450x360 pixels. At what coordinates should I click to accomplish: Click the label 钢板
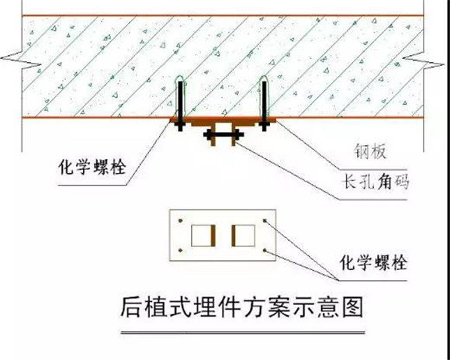click(x=371, y=151)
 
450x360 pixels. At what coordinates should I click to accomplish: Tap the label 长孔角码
click(x=376, y=182)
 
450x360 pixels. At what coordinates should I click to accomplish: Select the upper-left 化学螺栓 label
click(x=92, y=167)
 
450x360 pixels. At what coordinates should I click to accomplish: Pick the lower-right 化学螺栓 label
click(x=373, y=262)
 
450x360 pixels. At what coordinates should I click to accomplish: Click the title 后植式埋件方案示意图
click(x=242, y=307)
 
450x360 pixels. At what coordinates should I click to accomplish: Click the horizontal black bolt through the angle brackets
click(x=223, y=134)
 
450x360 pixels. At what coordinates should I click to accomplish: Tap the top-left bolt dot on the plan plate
click(x=181, y=220)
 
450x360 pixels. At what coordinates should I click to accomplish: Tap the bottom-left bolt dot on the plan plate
click(x=181, y=251)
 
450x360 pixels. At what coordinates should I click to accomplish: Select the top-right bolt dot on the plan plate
click(x=265, y=220)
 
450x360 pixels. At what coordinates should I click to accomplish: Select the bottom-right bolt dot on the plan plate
click(x=265, y=251)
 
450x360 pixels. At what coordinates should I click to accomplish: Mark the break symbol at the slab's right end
click(x=424, y=61)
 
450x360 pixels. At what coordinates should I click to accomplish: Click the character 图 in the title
click(x=353, y=307)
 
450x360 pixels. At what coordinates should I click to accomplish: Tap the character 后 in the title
click(x=131, y=307)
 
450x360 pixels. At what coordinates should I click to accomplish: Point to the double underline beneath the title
click(x=243, y=333)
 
